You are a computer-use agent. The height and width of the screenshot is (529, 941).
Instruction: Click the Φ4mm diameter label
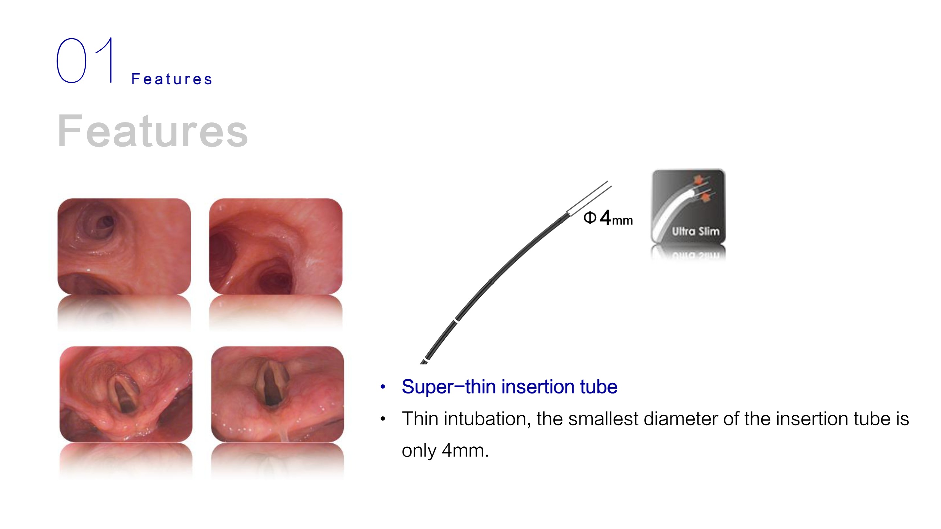[608, 217]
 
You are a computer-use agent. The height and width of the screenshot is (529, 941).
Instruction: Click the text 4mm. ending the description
[465, 451]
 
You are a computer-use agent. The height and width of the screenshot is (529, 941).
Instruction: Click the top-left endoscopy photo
[124, 247]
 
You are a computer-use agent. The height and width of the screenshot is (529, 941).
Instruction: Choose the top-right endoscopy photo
[276, 247]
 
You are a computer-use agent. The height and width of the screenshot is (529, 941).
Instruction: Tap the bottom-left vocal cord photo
[126, 394]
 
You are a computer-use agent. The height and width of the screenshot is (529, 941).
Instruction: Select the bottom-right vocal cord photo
[278, 394]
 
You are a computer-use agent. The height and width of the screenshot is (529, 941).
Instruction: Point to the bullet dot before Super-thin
[383, 387]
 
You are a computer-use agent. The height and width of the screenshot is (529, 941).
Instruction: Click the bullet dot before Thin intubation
[383, 419]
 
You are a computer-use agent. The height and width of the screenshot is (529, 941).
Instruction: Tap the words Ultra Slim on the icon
[696, 231]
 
